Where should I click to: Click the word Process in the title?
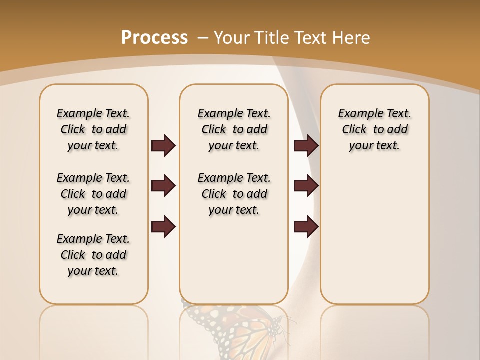(x=154, y=37)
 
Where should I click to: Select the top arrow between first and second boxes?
(x=163, y=146)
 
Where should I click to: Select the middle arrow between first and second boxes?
(x=163, y=186)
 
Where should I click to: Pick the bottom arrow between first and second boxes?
(x=163, y=227)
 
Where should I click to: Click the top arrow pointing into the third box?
(x=306, y=146)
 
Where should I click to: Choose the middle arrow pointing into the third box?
(x=306, y=186)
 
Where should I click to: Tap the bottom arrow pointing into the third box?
(x=306, y=227)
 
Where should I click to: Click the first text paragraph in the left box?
(x=93, y=129)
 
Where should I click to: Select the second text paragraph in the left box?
(x=93, y=194)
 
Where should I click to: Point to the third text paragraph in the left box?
(x=93, y=255)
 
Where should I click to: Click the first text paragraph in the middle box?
(x=234, y=129)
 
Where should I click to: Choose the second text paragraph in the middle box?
(x=234, y=194)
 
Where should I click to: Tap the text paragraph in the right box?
(x=374, y=129)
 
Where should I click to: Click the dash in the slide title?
(x=203, y=38)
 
